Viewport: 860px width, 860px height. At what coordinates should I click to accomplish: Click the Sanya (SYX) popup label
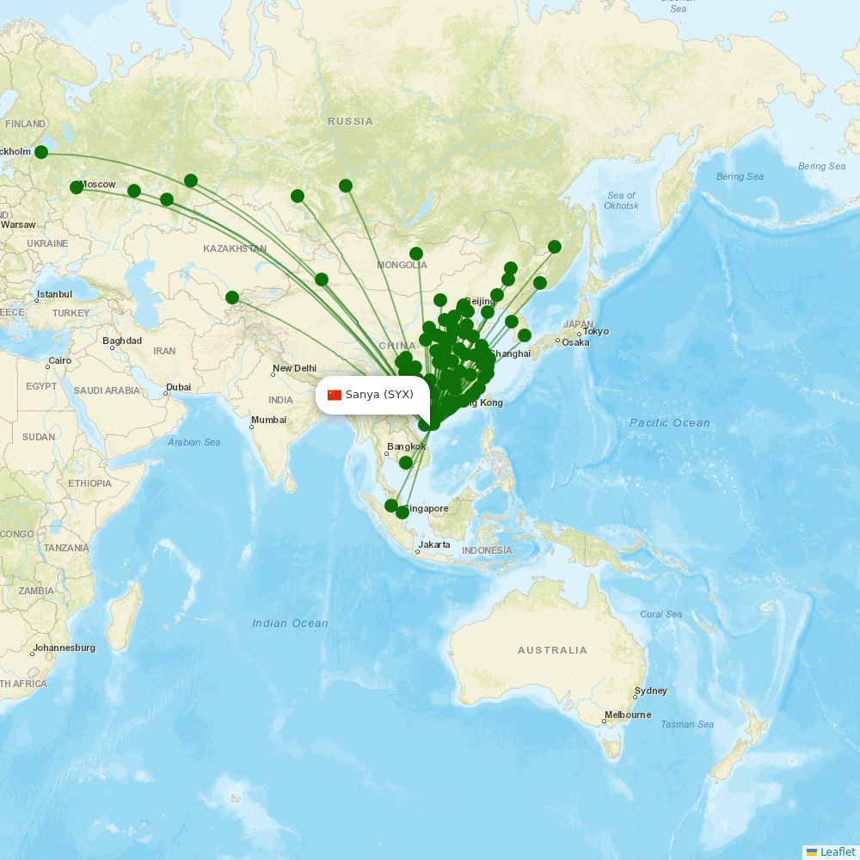coord(379,395)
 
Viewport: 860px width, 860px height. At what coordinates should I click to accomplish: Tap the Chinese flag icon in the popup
coord(335,395)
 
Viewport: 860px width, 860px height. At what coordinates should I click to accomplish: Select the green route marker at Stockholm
coord(41,152)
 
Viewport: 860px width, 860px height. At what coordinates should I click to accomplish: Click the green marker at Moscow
coord(77,187)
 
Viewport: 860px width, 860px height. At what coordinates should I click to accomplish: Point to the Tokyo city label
coord(595,332)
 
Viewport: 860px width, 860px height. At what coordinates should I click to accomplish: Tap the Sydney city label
coord(650,691)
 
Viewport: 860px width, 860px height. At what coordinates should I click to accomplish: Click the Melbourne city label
coord(628,716)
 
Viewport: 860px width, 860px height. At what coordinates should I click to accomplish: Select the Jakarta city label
coord(434,545)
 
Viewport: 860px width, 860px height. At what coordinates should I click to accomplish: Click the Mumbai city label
coord(268,421)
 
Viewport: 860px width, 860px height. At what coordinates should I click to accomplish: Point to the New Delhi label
coord(294,369)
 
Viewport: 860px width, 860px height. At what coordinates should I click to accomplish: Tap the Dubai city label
coord(178,387)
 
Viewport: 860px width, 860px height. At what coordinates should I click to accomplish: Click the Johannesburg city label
coord(64,648)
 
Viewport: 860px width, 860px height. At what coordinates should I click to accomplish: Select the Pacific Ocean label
coord(669,423)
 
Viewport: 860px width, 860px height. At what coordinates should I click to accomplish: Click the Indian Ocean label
coord(290,623)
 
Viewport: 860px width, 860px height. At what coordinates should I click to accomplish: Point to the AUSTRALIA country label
coord(552,651)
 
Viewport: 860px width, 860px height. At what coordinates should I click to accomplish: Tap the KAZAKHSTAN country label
coord(235,249)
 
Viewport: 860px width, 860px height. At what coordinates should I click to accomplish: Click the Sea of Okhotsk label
coord(621,200)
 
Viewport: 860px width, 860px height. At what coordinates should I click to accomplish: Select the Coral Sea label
coord(660,614)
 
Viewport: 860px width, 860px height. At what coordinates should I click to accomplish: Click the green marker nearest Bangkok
coord(406,463)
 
